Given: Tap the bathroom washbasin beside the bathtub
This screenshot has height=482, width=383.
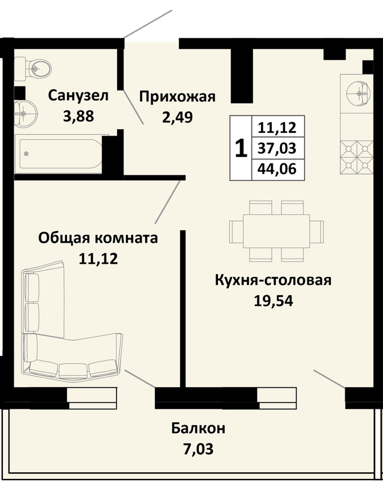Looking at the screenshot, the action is click(25, 114).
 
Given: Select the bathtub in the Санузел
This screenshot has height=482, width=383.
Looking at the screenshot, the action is click(59, 154).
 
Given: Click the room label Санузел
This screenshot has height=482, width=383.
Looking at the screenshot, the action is click(78, 96).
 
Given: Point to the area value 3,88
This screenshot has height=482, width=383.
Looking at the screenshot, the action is click(78, 116).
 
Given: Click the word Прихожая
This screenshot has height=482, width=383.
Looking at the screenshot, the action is click(177, 97).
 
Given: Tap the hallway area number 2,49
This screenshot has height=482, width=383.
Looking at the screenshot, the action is click(177, 117).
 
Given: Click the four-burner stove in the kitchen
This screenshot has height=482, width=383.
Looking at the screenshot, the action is click(357, 157).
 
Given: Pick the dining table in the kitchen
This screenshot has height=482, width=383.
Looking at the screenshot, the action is click(276, 231).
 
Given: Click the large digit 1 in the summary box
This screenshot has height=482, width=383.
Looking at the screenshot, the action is click(241, 148).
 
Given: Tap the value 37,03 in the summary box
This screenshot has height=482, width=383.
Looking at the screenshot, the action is click(277, 148).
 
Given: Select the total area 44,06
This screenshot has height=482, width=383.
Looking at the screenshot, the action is click(277, 169).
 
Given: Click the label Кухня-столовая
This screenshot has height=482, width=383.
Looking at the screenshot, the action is click(273, 280).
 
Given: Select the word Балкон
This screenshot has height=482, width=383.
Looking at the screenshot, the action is click(198, 428).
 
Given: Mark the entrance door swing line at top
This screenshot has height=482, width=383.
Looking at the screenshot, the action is click(148, 24).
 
